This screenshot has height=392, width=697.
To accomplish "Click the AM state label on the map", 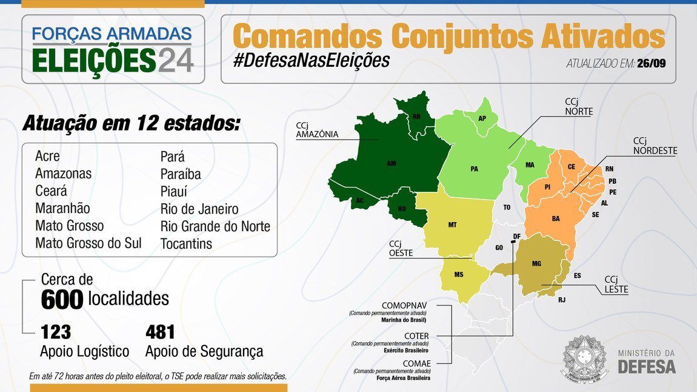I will pos(392,163).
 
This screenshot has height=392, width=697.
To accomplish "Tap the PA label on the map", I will pos(474,169).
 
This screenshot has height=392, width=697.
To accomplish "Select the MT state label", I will pos(452,225).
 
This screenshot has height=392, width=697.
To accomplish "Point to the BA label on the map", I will pos(555,218).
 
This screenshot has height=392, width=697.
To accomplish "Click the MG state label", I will pos(536,263).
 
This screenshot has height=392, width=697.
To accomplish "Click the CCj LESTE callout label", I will pos(616,285).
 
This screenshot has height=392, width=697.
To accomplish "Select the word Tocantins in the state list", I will pos(187,243).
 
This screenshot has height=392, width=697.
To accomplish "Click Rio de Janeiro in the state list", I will pos(199,209).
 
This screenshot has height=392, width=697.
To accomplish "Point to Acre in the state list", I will pos(48,156).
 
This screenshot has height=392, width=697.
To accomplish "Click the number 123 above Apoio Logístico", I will pos(56,332).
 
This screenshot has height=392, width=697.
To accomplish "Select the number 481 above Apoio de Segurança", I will pos(160,332).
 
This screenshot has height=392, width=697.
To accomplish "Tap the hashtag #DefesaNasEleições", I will pos(310,61).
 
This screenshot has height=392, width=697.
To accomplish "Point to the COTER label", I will pos(417,336).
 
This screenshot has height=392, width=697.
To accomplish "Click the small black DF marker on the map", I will pos(513,242).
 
